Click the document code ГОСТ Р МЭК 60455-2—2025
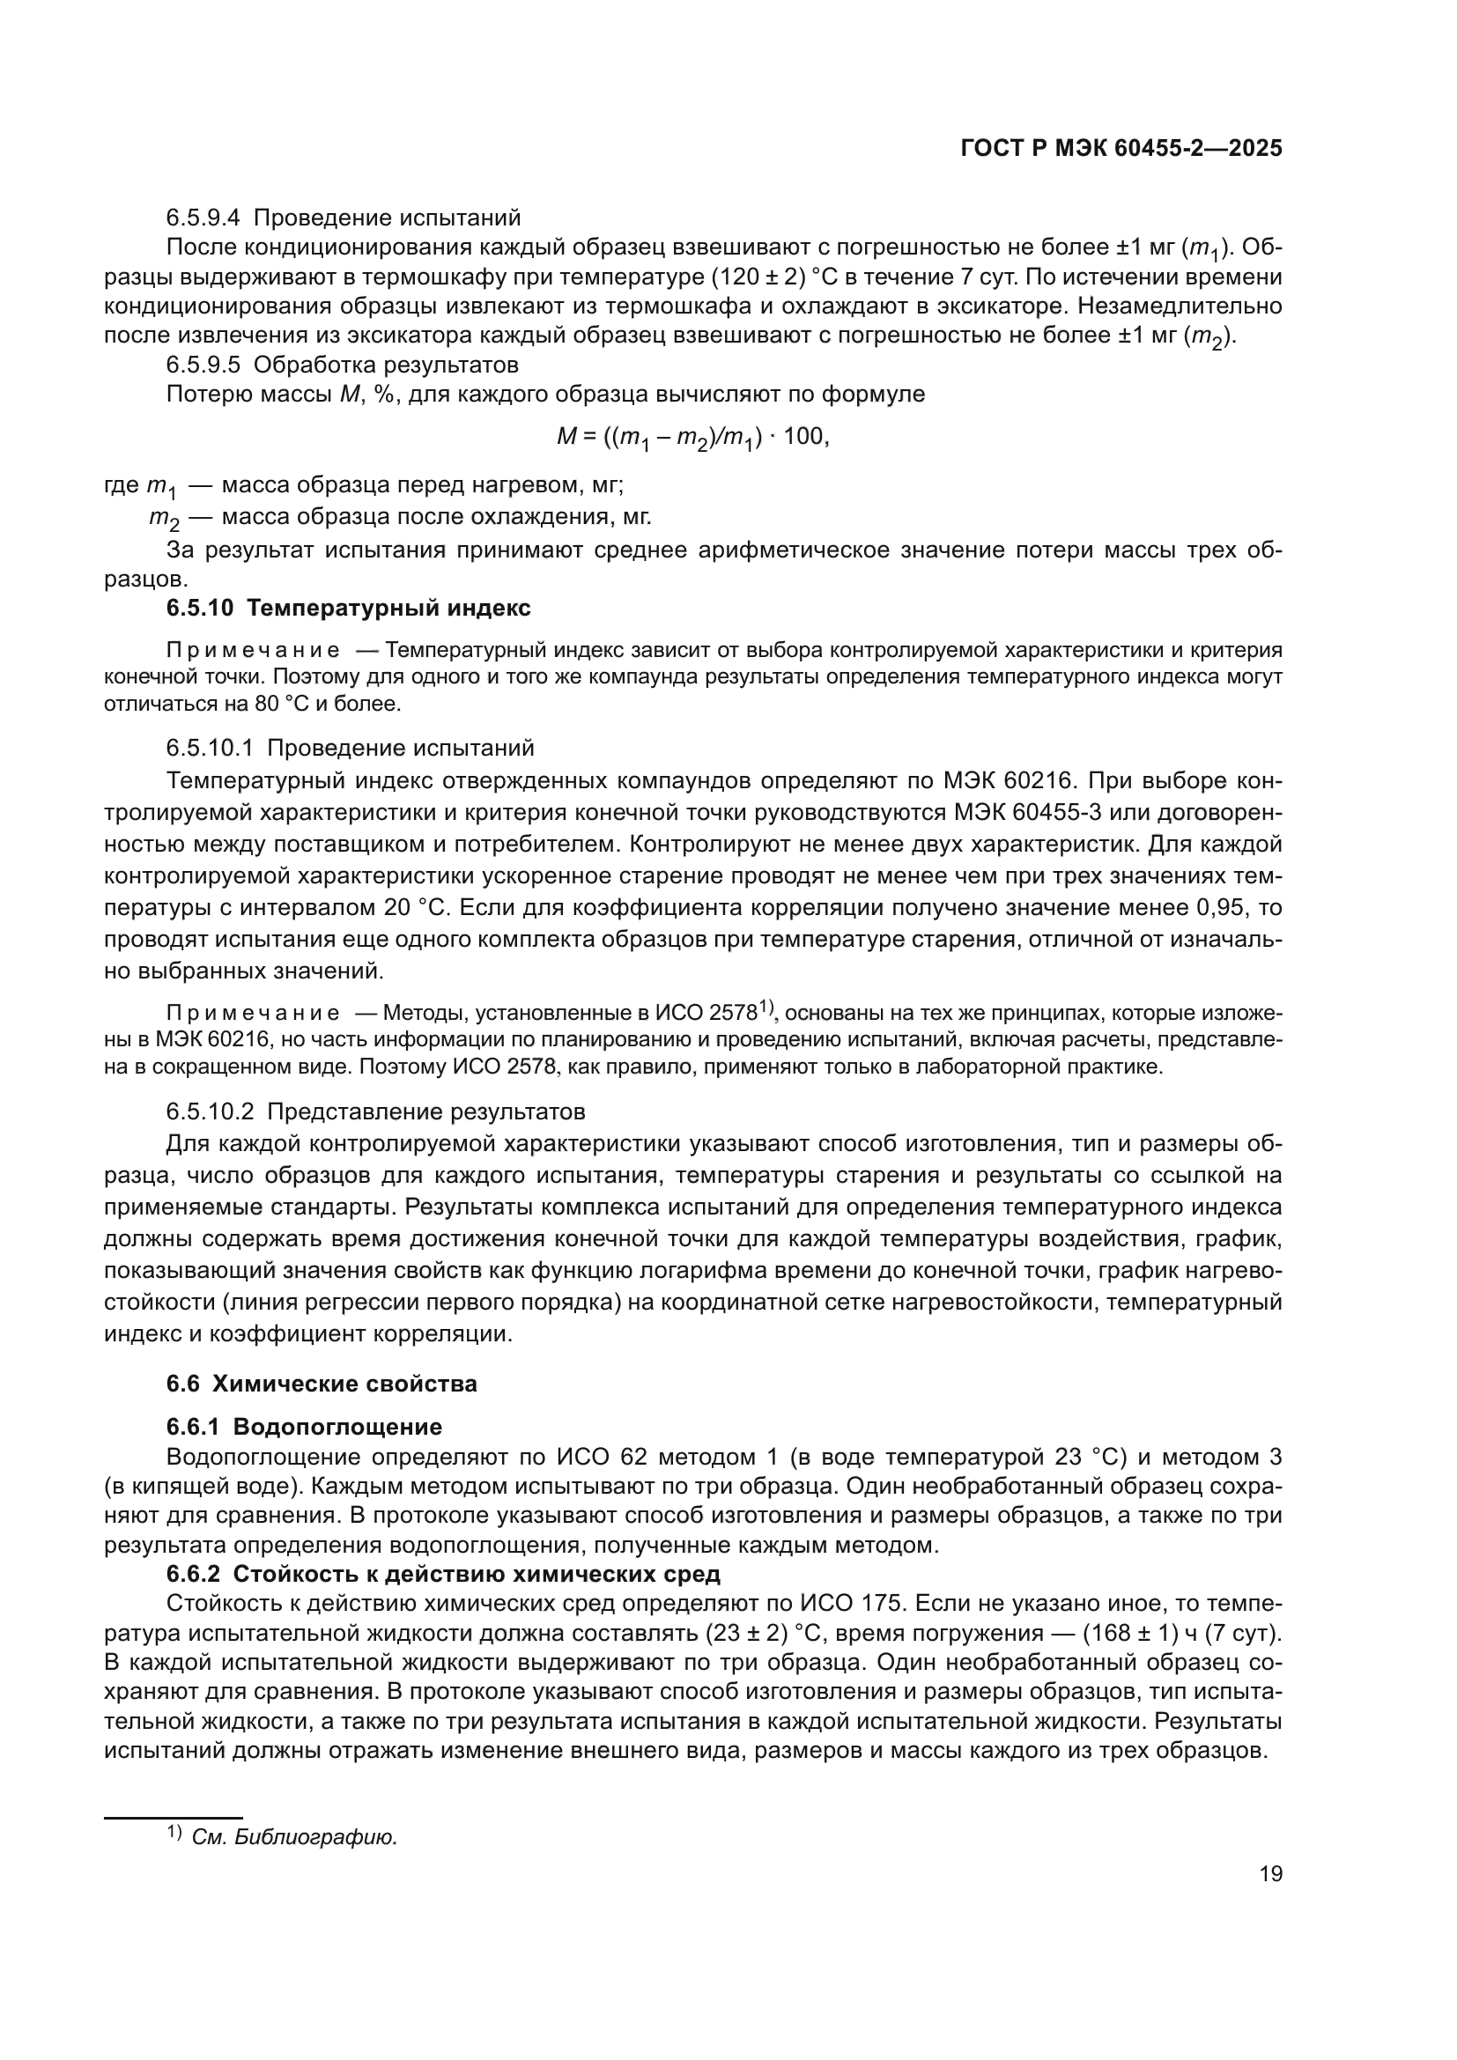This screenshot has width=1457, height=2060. click(x=1120, y=148)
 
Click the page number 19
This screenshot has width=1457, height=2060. click(x=1270, y=1873)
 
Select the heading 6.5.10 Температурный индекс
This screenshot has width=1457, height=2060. click(x=348, y=609)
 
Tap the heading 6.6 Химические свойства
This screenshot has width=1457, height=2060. click(x=322, y=1384)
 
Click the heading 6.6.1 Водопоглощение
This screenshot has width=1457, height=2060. click(x=304, y=1427)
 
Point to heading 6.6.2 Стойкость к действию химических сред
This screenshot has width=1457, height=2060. click(x=443, y=1575)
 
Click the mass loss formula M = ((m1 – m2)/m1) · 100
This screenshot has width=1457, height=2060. click(x=692, y=438)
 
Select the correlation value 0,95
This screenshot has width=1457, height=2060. click(x=1222, y=907)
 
